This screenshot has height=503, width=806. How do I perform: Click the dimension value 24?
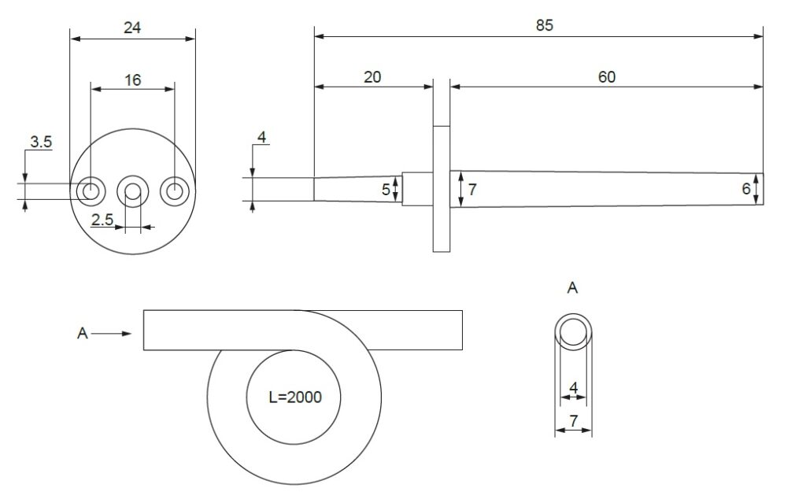pyautogui.click(x=132, y=28)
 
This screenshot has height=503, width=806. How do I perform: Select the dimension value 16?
pyautogui.click(x=132, y=80)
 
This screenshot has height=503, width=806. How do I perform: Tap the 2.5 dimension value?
pyautogui.click(x=103, y=220)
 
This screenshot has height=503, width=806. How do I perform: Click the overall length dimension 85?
pyautogui.click(x=545, y=25)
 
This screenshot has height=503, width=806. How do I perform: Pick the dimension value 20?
pyautogui.click(x=372, y=76)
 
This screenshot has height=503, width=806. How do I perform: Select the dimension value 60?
pyautogui.click(x=606, y=76)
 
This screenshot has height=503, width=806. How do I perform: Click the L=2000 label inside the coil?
pyautogui.click(x=294, y=398)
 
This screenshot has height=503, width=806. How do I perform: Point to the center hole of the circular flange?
pyautogui.click(x=132, y=190)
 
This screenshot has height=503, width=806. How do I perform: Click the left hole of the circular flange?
pyautogui.click(x=91, y=190)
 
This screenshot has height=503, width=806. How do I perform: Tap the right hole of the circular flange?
pyautogui.click(x=173, y=190)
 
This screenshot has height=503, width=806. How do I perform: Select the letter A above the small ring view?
pyautogui.click(x=573, y=288)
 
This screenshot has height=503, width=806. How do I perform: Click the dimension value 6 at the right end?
pyautogui.click(x=746, y=189)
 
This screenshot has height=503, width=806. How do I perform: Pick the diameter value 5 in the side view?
pyautogui.click(x=386, y=190)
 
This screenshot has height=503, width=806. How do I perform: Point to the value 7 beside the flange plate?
pyautogui.click(x=471, y=190)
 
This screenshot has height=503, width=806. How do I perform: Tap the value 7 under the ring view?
pyautogui.click(x=574, y=421)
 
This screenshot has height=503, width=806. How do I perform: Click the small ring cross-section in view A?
pyautogui.click(x=573, y=331)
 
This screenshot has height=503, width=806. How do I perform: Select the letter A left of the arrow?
pyautogui.click(x=82, y=334)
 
